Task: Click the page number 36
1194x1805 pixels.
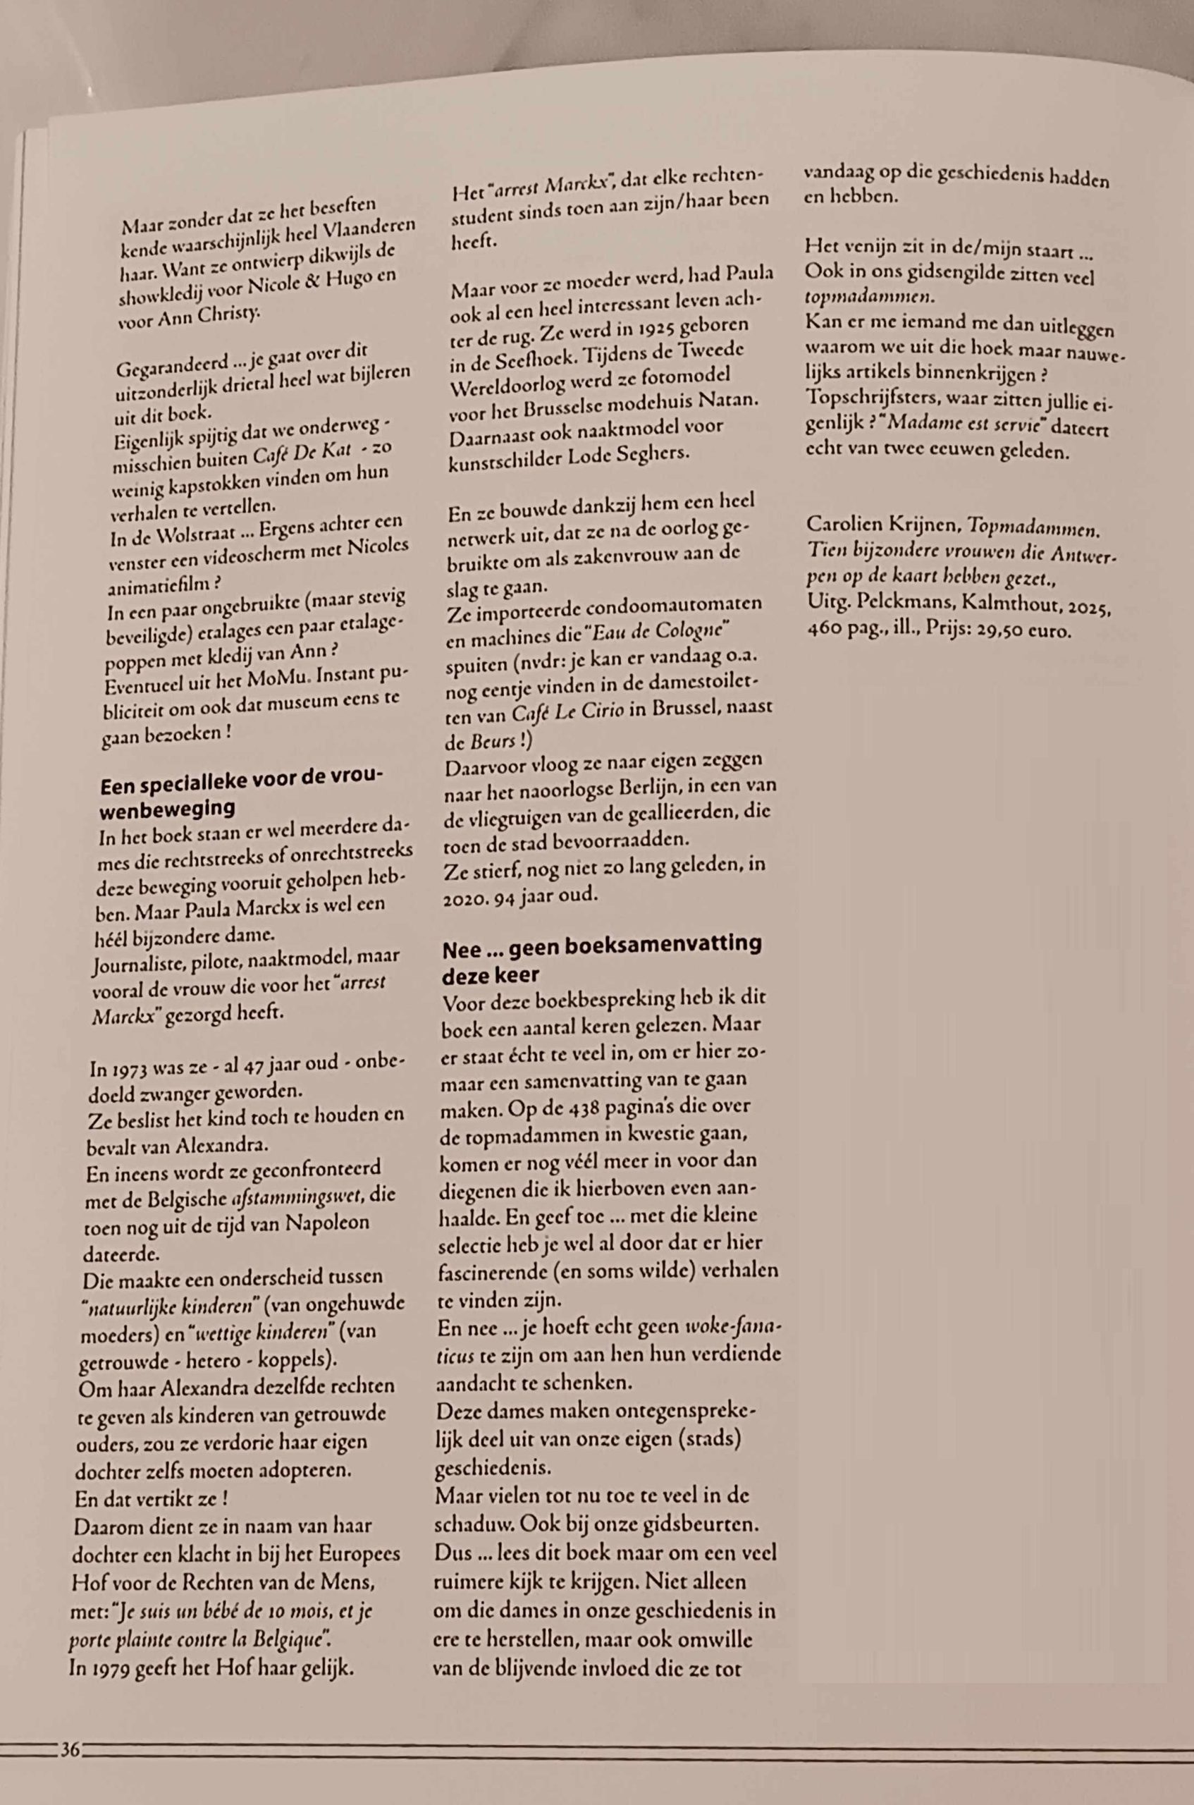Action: pos(69,1749)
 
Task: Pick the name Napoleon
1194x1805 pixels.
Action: pos(328,1223)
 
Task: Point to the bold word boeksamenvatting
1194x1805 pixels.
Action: pos(635,944)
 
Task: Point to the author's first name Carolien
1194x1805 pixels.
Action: pos(843,524)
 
